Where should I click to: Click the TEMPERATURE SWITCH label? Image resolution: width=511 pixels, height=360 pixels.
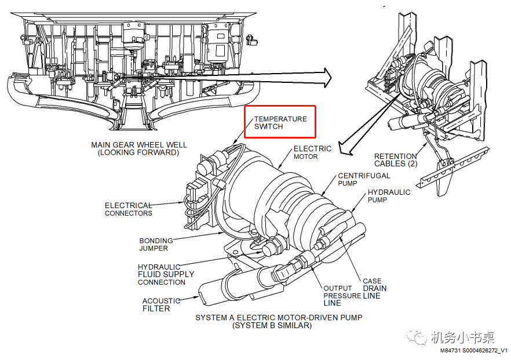click(280, 122)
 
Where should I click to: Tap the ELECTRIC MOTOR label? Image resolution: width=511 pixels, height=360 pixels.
click(312, 152)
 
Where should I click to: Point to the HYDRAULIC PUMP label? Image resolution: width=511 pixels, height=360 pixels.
click(389, 196)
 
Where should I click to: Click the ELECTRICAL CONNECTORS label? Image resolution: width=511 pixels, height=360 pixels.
click(128, 209)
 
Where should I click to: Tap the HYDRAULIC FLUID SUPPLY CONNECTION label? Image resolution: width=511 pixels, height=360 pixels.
click(166, 274)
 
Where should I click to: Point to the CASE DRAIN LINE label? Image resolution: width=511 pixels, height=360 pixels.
click(374, 288)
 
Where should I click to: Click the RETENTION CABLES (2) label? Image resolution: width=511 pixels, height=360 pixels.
click(395, 159)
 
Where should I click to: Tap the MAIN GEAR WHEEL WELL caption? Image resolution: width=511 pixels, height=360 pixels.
click(138, 148)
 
